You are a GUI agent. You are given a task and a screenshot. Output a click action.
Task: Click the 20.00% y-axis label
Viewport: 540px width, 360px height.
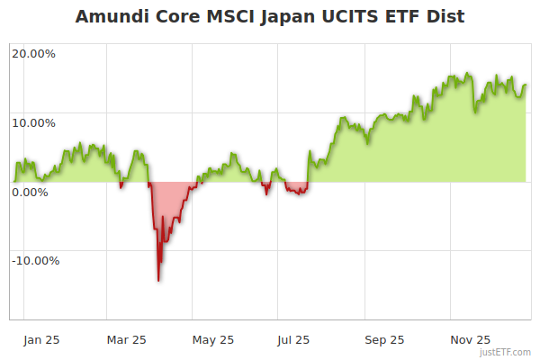click(34, 53)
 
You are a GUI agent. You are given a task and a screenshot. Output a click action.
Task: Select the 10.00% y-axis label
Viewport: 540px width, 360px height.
click(34, 122)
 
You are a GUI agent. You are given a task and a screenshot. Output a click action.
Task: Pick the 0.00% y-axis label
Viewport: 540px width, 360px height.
click(31, 192)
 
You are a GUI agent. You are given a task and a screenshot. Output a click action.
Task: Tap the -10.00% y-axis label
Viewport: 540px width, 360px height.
click(36, 261)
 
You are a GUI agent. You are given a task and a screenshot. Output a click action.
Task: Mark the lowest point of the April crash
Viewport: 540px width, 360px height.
click(158, 281)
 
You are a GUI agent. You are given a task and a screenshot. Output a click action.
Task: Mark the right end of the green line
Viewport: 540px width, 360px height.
click(526, 85)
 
